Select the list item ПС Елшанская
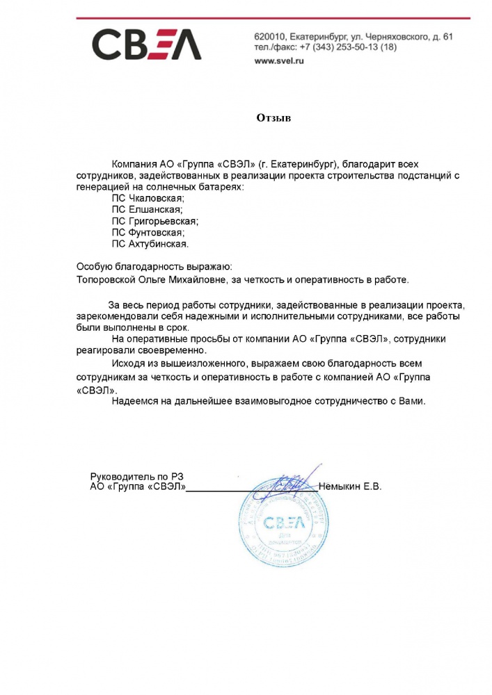pos(147,210)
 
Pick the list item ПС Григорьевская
pos(154,221)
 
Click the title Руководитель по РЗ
pos(140,476)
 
